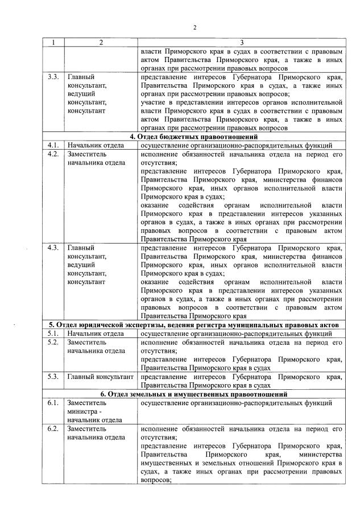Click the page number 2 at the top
(194, 27)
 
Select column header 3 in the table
(241, 43)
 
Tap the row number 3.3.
(52, 76)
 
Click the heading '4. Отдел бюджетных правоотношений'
(194, 137)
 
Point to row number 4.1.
(53, 146)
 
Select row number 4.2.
(53, 154)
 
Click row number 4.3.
(53, 248)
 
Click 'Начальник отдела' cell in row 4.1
(96, 146)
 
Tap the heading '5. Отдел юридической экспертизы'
(194, 324)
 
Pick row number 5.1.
(53, 333)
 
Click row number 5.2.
(53, 342)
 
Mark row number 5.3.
(53, 376)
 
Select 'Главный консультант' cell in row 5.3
(100, 376)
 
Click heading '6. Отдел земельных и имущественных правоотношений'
(194, 394)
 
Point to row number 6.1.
(53, 403)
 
